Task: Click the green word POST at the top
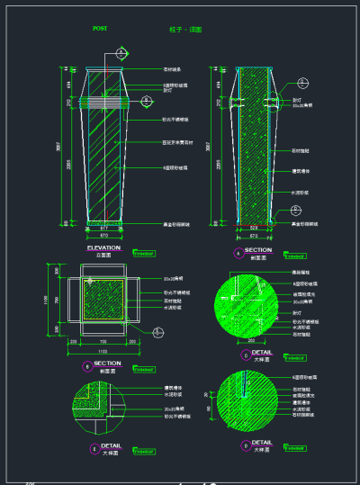[100, 29]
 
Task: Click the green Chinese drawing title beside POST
[185, 30]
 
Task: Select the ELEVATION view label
[103, 247]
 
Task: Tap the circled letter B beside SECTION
[86, 366]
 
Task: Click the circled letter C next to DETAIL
[246, 355]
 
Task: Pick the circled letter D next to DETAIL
[246, 445]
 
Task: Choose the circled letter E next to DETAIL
[94, 447]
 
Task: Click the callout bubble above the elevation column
[121, 54]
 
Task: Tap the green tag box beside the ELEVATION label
[144, 252]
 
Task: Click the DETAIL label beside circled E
[112, 445]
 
